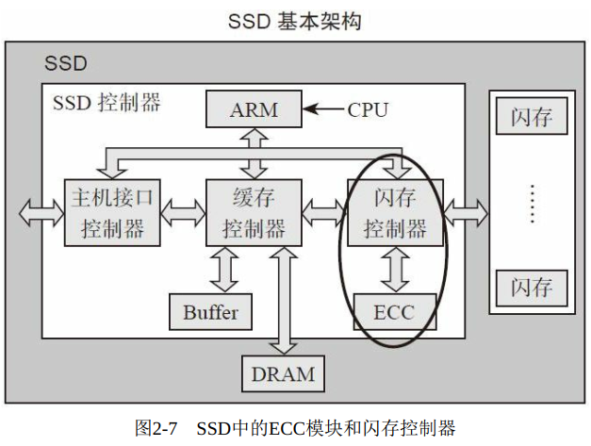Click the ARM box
254,109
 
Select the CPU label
368,110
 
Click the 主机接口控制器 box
112,212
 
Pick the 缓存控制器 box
254,212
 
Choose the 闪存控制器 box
396,212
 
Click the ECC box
394,312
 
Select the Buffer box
211,312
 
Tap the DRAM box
283,373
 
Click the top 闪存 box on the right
532,119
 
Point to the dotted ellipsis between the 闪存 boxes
532,203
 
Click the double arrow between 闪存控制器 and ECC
396,270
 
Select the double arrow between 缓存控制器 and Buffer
224,270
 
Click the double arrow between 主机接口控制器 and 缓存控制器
183,210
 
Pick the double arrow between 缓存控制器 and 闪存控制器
324,210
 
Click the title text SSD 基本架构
295,21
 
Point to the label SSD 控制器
107,102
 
